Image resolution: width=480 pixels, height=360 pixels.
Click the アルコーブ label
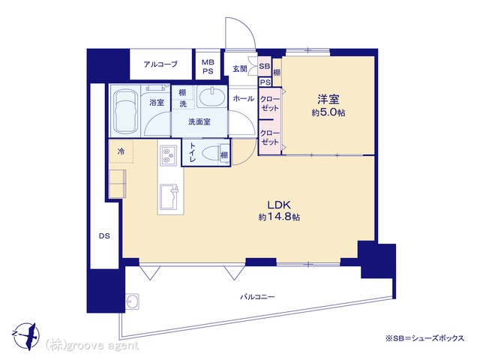[160, 64]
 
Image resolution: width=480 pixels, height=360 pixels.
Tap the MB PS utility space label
[208, 67]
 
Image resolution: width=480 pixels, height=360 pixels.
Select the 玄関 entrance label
[240, 68]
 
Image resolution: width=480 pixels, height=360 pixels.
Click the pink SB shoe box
[265, 66]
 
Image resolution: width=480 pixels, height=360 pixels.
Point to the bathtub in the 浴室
[125, 112]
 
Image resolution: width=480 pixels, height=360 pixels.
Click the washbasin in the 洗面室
[211, 97]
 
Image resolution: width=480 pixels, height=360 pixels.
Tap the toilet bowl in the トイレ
[211, 153]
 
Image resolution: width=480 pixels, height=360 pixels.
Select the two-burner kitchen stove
[168, 155]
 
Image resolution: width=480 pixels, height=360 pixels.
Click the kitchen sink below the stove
[168, 197]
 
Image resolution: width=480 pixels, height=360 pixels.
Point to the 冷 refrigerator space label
[121, 151]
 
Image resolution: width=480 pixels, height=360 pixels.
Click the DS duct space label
[104, 236]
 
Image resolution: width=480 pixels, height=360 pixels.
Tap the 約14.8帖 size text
[279, 217]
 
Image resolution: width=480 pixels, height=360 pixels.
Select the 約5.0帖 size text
[328, 112]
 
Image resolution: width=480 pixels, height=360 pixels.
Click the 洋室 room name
[328, 99]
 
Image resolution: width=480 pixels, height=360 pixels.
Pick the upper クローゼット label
[270, 103]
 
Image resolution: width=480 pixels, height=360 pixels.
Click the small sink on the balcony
[132, 301]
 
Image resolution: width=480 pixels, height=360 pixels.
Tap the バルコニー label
[257, 297]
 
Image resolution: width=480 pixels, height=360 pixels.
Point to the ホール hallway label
[243, 98]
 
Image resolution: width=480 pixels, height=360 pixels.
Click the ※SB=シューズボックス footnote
[425, 338]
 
